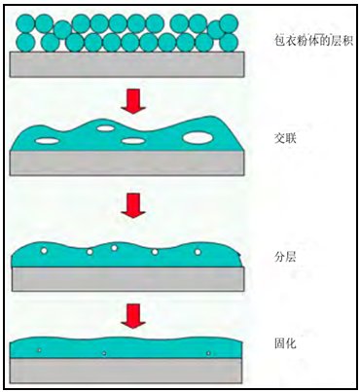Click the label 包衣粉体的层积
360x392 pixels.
pos(313,41)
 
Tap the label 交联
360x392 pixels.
pos(285,139)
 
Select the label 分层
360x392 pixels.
pos(285,257)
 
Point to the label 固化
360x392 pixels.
pos(285,343)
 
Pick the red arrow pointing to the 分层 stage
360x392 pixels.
pos(133,205)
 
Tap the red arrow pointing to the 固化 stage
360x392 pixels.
pos(133,316)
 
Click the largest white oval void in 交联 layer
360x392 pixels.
pos(198,138)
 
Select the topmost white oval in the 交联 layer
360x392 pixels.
pos(106,128)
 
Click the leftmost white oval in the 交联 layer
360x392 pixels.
pos(48,141)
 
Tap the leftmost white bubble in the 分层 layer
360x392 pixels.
pos(44,251)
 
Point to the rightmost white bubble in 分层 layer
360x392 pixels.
pos(198,252)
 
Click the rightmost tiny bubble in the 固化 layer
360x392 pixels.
pos(208,353)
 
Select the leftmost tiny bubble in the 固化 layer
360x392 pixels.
pos(39,350)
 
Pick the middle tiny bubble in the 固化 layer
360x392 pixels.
pos(104,353)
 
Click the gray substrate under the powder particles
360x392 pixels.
pos(126,64)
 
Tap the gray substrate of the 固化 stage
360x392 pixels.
pos(126,371)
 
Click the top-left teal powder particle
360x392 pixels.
pos(25,23)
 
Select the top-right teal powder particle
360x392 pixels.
pos(230,23)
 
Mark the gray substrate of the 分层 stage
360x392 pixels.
pos(128,279)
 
